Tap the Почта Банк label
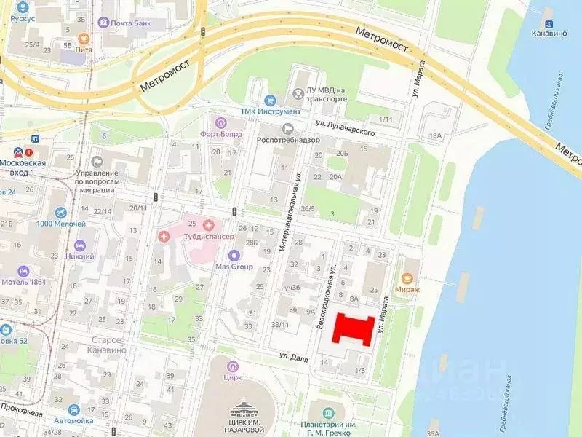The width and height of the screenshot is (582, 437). pos(131,23)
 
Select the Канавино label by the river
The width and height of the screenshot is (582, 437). pos(549,34)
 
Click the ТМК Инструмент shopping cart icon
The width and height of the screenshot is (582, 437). pos(271,100)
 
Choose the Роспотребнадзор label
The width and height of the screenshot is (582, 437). pos(292,140)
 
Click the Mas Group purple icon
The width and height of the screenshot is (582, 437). pos(234,255)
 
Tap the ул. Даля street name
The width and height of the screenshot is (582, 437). pos(294,355)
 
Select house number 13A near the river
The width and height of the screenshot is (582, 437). pos(436,135)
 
